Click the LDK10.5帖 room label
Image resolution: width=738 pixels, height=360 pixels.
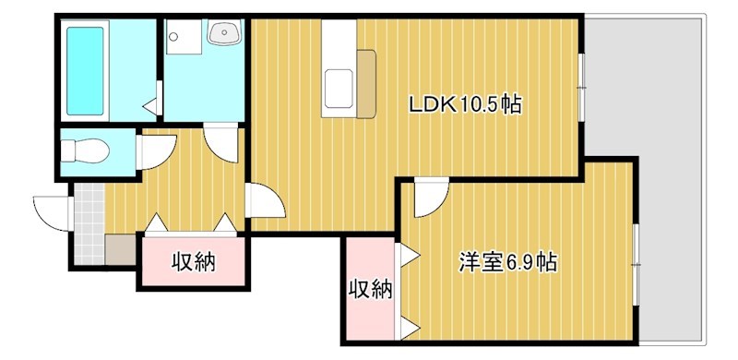pos(466,105)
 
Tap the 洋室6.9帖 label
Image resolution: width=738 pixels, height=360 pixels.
pos(507,262)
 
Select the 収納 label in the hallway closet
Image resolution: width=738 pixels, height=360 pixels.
pos(194,263)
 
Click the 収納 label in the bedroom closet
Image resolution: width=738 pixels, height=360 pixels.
pos(370,290)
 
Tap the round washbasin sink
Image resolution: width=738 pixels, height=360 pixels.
pos(224,35)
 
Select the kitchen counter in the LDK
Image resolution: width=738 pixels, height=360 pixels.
pos(338,69)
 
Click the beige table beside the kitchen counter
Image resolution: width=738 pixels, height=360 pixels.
pos(367,85)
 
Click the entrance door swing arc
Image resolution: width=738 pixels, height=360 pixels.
pos(51,211)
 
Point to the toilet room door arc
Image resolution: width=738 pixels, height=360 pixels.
pos(155,150)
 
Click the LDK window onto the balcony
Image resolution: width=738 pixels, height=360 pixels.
pos(582,87)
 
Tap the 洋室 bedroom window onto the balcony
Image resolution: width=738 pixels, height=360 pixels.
pos(636,263)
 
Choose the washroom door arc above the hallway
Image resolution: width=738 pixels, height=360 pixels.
pos(221,142)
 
